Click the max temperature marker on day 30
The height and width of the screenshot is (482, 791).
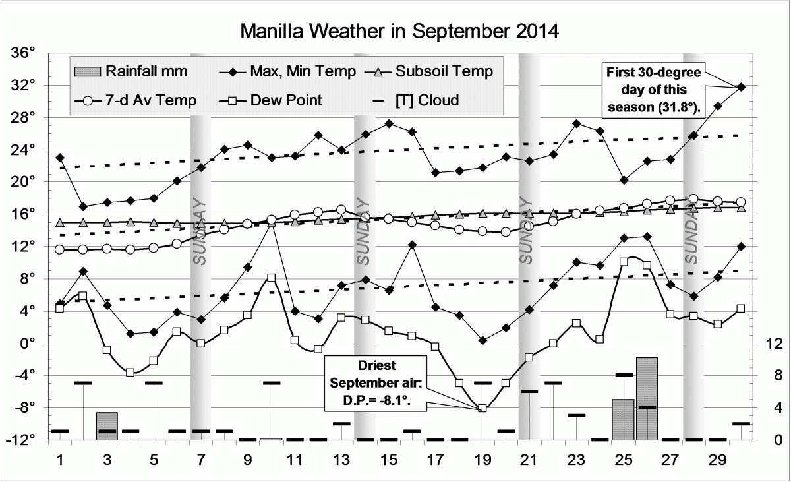point(741,87)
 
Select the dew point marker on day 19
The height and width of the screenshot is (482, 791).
point(482,408)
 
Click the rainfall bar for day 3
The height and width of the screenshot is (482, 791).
point(107,426)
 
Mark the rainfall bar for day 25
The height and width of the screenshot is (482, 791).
point(623,419)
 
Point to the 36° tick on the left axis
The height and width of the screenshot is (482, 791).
point(30,53)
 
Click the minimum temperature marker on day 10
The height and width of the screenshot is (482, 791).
point(271,223)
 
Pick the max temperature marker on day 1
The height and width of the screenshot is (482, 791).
point(60,158)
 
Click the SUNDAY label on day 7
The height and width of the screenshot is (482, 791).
point(200,231)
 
